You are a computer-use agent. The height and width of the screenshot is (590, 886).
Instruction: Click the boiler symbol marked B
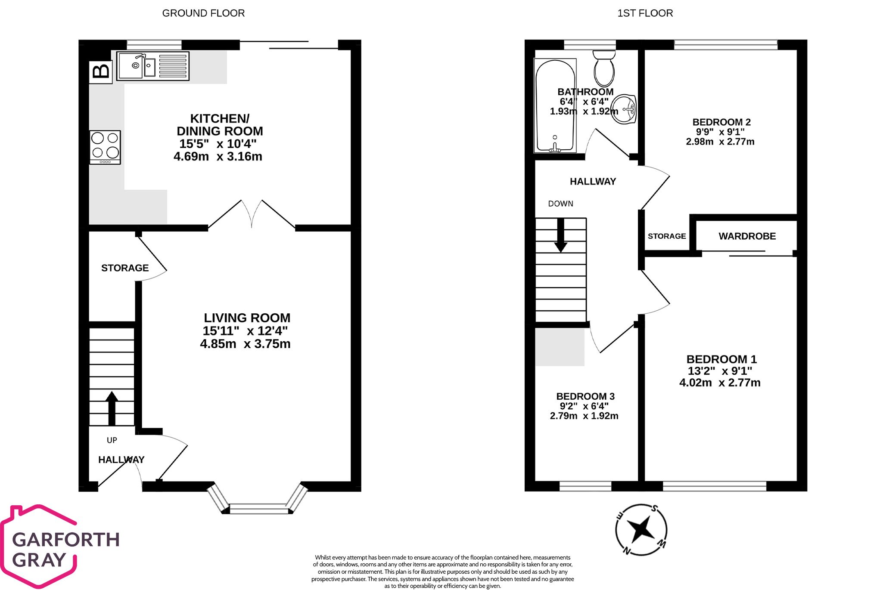(x=101, y=71)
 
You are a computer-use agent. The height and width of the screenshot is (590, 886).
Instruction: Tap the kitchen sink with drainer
(x=152, y=66)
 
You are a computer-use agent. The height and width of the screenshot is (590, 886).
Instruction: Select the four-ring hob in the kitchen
(x=105, y=147)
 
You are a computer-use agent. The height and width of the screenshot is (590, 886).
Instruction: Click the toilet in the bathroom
(x=604, y=69)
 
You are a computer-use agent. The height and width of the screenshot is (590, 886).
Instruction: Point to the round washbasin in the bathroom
(x=624, y=109)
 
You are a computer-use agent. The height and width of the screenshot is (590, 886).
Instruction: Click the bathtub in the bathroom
(x=555, y=106)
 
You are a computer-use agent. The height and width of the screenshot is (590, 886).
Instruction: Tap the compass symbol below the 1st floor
(x=641, y=530)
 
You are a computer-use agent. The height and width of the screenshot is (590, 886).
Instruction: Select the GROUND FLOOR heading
(x=203, y=13)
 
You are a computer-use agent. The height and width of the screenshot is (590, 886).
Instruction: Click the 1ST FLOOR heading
(x=645, y=13)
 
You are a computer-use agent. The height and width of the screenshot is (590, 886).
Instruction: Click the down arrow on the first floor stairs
(x=560, y=235)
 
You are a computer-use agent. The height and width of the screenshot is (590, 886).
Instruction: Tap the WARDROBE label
(x=747, y=236)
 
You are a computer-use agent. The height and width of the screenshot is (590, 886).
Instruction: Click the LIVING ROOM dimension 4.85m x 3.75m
(x=245, y=344)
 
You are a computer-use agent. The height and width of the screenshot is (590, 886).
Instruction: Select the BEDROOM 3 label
(x=585, y=396)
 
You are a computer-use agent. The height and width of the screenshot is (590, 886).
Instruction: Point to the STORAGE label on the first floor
(x=666, y=236)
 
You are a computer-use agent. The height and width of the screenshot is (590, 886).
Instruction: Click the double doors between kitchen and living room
(x=252, y=214)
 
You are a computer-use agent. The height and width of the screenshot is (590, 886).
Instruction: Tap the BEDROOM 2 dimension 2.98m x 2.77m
(x=720, y=142)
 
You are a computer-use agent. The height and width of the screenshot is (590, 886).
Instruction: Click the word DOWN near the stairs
(x=560, y=204)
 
